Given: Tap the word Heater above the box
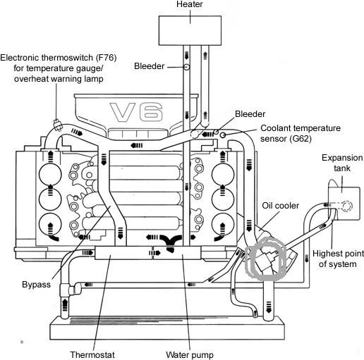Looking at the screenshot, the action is [x=190, y=4].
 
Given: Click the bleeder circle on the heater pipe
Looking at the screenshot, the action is [x=186, y=67].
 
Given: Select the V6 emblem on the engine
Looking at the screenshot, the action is [x=136, y=112].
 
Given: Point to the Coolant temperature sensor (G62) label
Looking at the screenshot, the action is [x=301, y=133].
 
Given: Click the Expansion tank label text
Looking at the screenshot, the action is [x=342, y=163].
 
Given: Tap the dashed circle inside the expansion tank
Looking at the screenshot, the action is [x=346, y=206].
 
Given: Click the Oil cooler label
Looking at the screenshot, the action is [x=281, y=206].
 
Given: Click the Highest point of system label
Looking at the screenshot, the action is [x=338, y=259].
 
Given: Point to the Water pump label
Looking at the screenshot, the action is [x=190, y=355].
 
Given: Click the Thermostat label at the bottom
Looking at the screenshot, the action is [x=92, y=355].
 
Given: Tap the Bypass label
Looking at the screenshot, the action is [x=37, y=285].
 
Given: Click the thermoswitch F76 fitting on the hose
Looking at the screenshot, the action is [x=58, y=125].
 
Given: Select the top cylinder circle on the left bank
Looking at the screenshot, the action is [x=50, y=175].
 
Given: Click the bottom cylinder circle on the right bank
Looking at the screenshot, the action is [x=223, y=225].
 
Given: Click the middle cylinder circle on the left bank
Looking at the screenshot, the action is [x=50, y=199].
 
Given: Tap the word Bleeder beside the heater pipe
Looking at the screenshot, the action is [x=149, y=66].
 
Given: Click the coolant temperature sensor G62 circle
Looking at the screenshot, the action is [x=223, y=135].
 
